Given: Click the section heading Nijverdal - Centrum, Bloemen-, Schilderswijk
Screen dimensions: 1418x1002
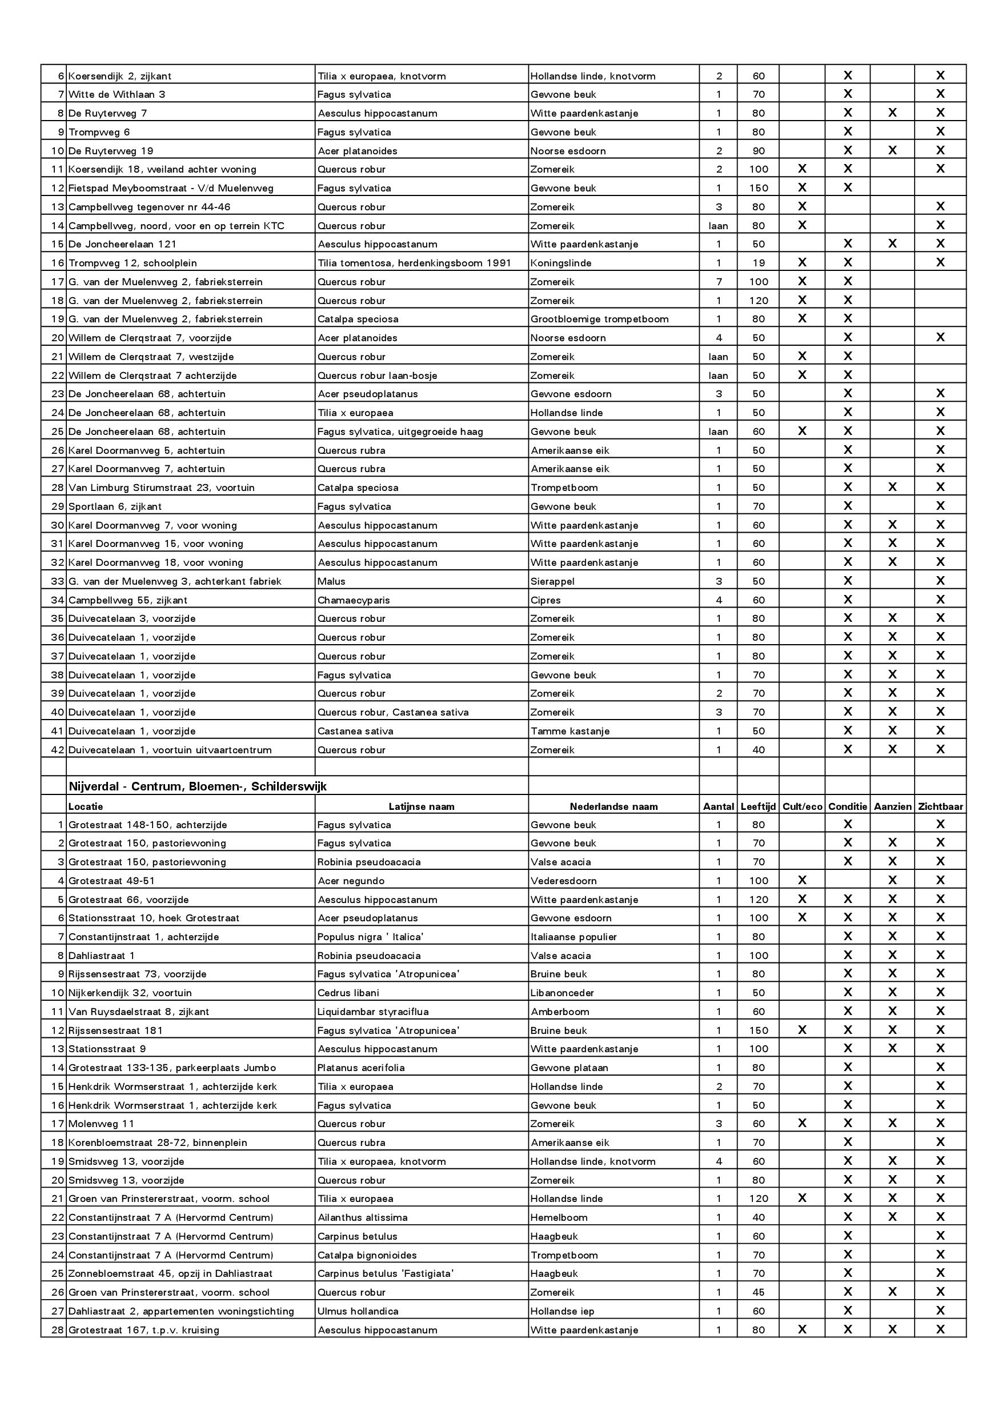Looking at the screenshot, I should pos(198,786).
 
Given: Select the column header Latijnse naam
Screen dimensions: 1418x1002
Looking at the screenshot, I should pos(421,806).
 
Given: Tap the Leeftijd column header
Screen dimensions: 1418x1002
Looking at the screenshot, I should pos(757,806).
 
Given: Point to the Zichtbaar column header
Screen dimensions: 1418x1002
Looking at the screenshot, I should pos(940,806).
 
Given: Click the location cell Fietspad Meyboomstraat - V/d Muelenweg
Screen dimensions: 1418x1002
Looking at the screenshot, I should pos(170,187).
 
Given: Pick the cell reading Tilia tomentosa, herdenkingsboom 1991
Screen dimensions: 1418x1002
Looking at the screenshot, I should pos(414,263).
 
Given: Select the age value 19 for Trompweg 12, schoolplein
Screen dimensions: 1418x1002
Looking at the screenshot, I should pos(758,263).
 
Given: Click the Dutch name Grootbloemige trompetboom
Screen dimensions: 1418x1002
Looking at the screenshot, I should pos(599,319).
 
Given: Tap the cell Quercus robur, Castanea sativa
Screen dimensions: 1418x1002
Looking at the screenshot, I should pos(392,712).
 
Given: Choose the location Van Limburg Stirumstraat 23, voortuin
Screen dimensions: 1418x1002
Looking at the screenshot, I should pos(161,488).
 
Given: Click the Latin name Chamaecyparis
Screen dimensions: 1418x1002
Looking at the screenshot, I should pos(353,600).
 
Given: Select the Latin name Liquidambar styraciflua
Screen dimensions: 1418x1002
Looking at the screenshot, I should pos(372,1012).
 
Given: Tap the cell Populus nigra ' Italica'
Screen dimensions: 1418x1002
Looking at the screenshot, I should pos(370,937).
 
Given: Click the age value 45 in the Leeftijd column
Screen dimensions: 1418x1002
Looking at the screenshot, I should pos(758,1292).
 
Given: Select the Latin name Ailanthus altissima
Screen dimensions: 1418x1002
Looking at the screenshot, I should pos(362,1217).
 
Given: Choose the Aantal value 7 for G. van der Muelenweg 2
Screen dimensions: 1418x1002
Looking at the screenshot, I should pos(719,282).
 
